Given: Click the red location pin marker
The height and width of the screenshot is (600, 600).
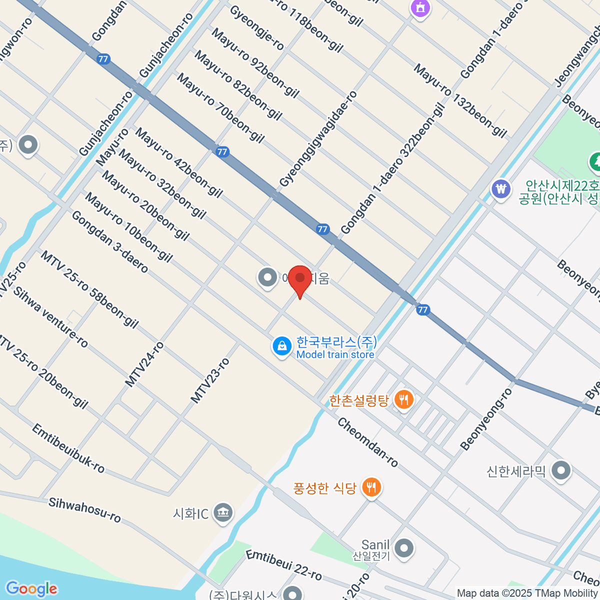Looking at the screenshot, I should [x=300, y=278].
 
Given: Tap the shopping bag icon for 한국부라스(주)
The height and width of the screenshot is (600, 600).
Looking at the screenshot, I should [x=282, y=346].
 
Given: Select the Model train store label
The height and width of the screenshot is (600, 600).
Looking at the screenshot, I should [x=335, y=354].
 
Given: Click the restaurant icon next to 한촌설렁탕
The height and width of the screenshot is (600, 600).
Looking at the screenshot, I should [x=403, y=399].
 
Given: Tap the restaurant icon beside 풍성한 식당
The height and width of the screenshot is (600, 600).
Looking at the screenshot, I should [x=371, y=487].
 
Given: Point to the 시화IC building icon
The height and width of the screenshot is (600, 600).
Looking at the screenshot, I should [x=223, y=513].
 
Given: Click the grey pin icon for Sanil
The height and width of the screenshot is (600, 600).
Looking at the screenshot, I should [x=403, y=548].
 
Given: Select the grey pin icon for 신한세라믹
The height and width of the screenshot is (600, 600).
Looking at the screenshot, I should [x=561, y=470].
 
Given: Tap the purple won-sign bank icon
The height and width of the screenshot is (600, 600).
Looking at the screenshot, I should [x=500, y=189].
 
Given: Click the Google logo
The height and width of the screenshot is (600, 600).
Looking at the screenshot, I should [x=31, y=588].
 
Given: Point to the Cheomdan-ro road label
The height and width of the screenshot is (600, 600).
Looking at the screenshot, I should [x=367, y=443].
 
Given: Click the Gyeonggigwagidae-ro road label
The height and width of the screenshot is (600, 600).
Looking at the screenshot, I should [x=318, y=139].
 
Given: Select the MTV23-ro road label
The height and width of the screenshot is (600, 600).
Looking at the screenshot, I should [x=210, y=381].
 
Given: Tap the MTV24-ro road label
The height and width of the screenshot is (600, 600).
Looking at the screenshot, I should [x=144, y=364].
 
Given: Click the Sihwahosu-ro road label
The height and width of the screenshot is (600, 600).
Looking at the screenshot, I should [x=84, y=509].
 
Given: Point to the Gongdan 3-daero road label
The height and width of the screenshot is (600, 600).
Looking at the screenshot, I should [x=109, y=242].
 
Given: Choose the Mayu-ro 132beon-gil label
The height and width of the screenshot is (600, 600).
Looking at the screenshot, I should [x=460, y=100].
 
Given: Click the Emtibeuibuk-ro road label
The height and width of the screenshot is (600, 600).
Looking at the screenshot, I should [x=68, y=448].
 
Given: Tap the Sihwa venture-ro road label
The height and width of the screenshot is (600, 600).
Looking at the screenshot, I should [x=50, y=317].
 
